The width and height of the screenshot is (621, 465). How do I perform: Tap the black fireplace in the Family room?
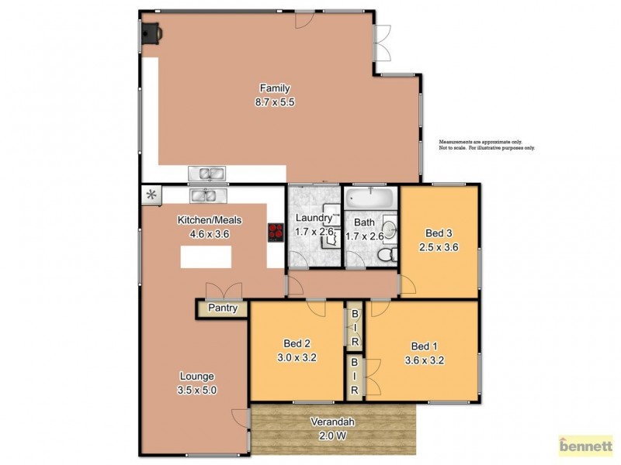click(151, 33)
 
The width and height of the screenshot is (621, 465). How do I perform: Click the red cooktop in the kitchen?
click(276, 232)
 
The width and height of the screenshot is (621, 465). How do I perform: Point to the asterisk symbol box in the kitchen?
click(151, 195)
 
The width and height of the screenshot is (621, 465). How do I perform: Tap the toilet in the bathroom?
click(383, 255)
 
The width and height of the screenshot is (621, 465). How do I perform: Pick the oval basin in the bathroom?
click(390, 228)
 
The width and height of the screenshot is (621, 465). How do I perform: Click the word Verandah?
click(334, 422)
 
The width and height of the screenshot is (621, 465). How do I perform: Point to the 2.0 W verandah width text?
click(334, 436)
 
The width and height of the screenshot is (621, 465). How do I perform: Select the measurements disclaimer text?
click(487, 145)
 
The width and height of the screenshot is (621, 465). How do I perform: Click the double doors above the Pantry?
click(220, 291)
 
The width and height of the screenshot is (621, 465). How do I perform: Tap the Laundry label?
click(313, 219)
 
